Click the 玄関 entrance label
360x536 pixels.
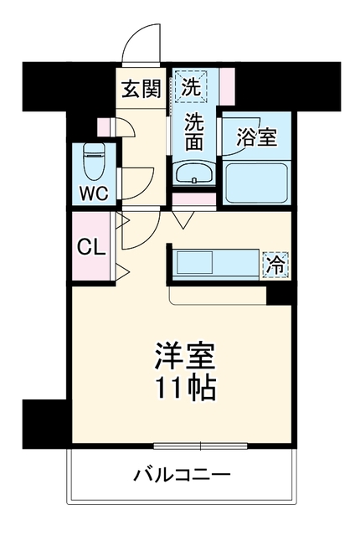[x=141, y=89]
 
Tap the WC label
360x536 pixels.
[x=94, y=193]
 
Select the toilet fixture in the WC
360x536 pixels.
[x=94, y=161]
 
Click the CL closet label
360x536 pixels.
[x=90, y=248]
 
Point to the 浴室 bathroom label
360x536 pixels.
[x=256, y=137]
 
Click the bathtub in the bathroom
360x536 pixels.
[x=256, y=183]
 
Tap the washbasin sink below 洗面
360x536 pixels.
[x=194, y=173]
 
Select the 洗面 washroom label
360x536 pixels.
[x=194, y=132]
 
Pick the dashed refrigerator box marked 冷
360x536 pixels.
[x=275, y=265]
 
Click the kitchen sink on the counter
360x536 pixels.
[x=195, y=262]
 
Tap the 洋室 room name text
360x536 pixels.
[x=185, y=356]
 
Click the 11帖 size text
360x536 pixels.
[x=186, y=389]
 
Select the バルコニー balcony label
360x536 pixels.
[x=182, y=475]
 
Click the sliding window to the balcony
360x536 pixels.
[x=200, y=446]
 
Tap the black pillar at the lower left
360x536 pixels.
[x=44, y=423]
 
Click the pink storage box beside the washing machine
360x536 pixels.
[x=227, y=86]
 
